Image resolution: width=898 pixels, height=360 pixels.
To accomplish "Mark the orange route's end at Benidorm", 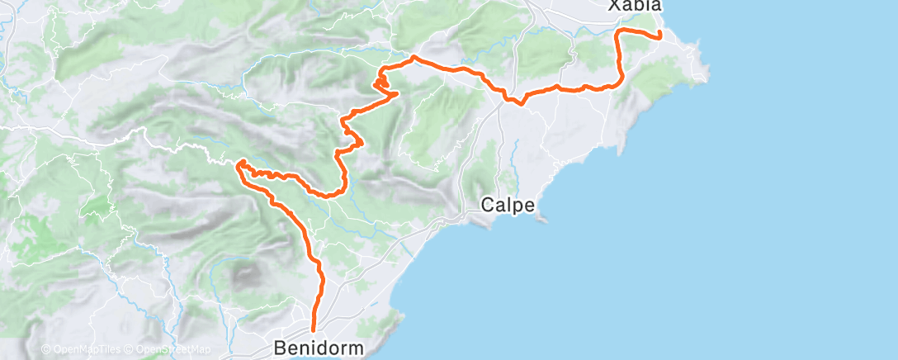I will (x=314, y=332).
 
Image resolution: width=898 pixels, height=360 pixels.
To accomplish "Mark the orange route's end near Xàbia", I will (x=660, y=36).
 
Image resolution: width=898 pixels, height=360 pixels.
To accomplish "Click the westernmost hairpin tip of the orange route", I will (x=239, y=166).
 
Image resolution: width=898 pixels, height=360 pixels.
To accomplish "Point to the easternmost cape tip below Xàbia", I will (x=707, y=79).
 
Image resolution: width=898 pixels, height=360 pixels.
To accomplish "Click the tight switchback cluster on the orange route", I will (x=380, y=83).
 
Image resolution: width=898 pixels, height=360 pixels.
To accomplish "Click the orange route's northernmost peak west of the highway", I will (x=413, y=57).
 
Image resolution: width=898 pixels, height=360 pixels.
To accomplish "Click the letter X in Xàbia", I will (x=614, y=6).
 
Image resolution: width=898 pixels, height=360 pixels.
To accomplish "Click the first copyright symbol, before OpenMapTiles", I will (x=45, y=349).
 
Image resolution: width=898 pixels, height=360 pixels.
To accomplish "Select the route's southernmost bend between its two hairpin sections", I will (x=330, y=196).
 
